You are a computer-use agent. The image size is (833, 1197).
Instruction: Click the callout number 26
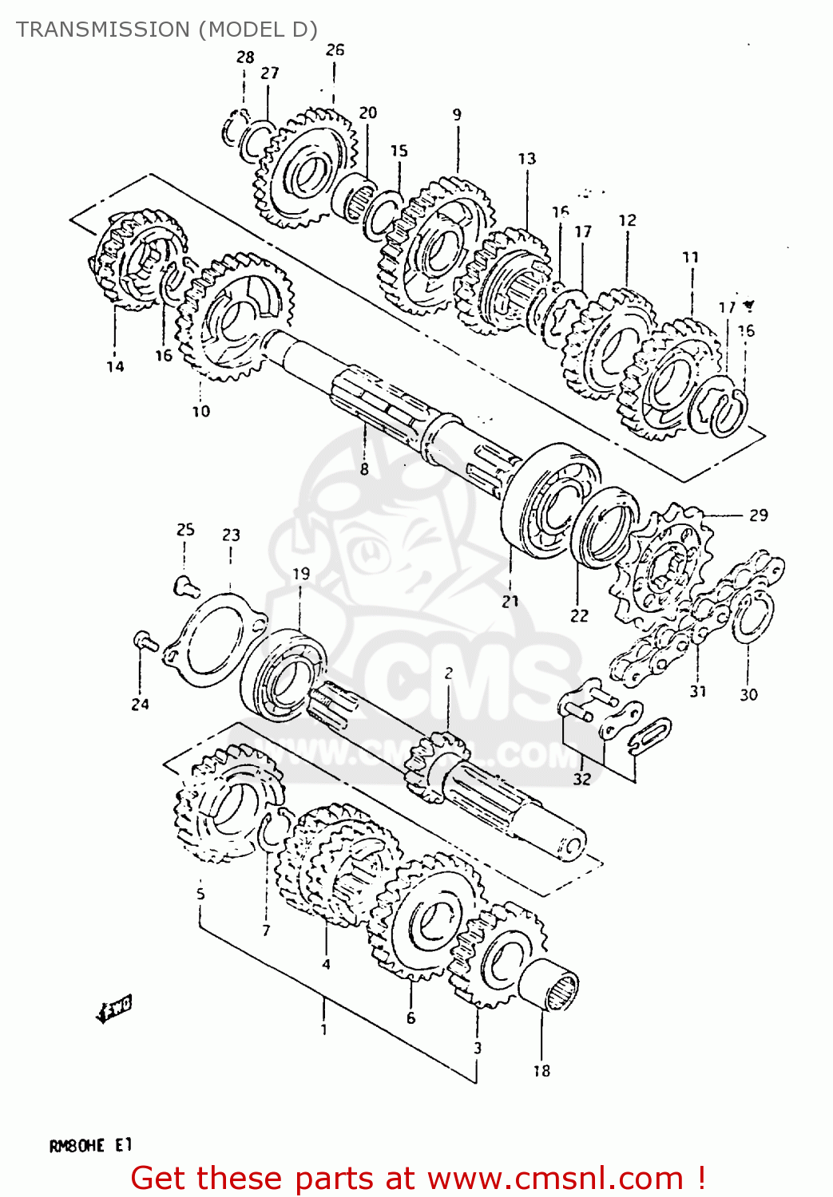click(x=335, y=49)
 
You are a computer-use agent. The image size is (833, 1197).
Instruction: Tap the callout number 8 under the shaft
click(x=364, y=469)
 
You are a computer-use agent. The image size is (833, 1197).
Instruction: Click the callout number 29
click(x=758, y=516)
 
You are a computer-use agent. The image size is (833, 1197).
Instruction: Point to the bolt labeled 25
click(x=184, y=586)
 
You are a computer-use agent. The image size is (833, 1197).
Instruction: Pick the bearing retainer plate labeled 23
click(x=213, y=639)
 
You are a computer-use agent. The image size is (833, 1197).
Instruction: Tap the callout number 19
click(x=301, y=574)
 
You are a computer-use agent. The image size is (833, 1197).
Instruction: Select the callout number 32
click(x=582, y=779)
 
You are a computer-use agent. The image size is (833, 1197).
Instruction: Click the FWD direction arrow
click(x=113, y=1009)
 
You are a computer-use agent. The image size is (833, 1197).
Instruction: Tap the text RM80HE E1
click(x=90, y=1146)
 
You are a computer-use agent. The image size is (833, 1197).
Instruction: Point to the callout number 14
click(x=115, y=366)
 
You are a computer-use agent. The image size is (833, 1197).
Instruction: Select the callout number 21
click(x=510, y=602)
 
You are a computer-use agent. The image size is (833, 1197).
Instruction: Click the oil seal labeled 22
click(x=605, y=527)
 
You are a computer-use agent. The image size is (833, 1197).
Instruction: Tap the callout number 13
click(x=527, y=159)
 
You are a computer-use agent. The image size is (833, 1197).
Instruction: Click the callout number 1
click(x=323, y=1029)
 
